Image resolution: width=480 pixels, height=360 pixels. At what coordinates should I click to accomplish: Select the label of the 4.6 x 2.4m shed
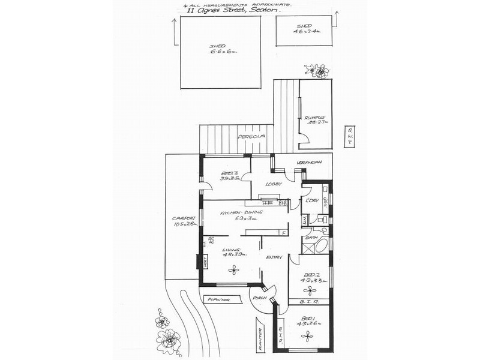[x=305, y=29]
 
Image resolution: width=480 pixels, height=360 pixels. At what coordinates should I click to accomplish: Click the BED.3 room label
[x=227, y=176]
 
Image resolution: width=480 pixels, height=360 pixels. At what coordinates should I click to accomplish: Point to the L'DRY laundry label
[x=311, y=200]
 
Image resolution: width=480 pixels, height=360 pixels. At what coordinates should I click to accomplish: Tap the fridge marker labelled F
[x=283, y=232]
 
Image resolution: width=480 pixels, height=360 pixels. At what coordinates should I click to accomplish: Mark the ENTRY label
[x=275, y=258]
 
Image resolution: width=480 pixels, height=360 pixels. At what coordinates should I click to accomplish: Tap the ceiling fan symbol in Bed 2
[x=310, y=290]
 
